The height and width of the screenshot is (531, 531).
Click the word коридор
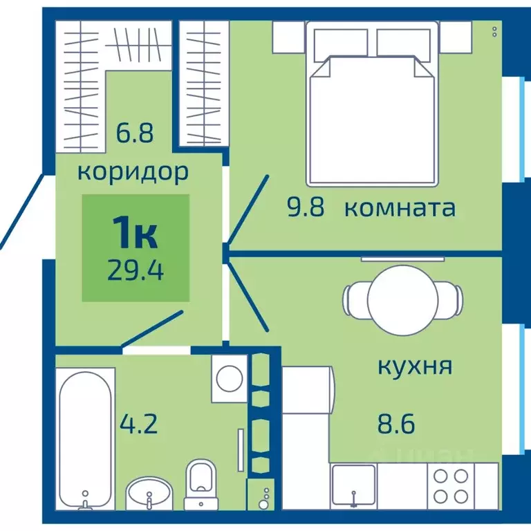[x=132, y=171]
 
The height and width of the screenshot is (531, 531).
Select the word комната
[x=399, y=208]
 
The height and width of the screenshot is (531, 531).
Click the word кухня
[x=415, y=366]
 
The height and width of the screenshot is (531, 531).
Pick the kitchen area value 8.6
[x=396, y=423]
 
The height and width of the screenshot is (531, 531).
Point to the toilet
[x=202, y=482]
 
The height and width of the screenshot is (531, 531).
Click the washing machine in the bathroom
[x=228, y=378]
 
